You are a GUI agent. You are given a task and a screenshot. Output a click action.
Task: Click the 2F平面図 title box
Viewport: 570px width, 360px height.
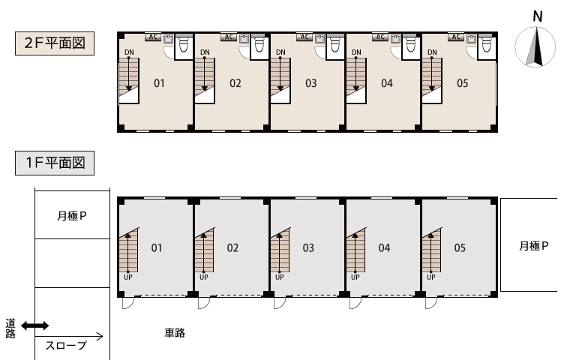tap(55, 43)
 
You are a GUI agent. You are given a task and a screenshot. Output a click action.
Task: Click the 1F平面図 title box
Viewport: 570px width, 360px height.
tap(55, 163)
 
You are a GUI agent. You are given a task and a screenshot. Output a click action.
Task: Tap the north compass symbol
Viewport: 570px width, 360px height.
tap(535, 46)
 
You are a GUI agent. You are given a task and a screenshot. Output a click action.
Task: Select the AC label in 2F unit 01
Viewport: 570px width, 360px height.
tap(154, 37)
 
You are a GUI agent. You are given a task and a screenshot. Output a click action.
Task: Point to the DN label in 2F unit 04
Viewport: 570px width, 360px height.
tap(356, 52)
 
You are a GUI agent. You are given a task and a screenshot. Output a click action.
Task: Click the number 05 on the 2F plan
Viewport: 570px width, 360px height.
tap(463, 83)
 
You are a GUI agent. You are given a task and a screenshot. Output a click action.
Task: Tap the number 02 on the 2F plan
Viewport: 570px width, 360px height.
tap(235, 83)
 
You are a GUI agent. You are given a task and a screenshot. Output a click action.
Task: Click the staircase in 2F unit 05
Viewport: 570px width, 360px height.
tap(432, 80)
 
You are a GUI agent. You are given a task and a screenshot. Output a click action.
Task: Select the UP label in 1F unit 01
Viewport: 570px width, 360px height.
tap(128, 277)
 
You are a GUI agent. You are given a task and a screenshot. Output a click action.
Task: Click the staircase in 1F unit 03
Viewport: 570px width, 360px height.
tap(280, 250)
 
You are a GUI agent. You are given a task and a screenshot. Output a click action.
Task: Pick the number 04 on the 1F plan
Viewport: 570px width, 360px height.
tap(384, 248)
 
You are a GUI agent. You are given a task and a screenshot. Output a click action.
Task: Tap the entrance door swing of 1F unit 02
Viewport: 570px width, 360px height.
tap(204, 303)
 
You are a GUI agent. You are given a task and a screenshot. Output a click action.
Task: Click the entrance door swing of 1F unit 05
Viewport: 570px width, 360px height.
tap(431, 303)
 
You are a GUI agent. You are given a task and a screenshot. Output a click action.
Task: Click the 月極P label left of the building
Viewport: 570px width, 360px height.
tap(72, 216)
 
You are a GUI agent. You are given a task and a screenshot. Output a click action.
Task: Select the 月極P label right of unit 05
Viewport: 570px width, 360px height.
tap(534, 246)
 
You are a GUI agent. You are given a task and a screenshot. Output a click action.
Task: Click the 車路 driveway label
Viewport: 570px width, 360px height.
tap(175, 333)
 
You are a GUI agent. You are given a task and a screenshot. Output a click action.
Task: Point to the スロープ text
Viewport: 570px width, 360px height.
tap(66, 345)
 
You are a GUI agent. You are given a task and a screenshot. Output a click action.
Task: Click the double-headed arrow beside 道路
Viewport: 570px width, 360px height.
tap(35, 325)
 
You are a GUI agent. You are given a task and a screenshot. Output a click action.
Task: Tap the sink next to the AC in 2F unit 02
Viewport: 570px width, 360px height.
tap(244, 38)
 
